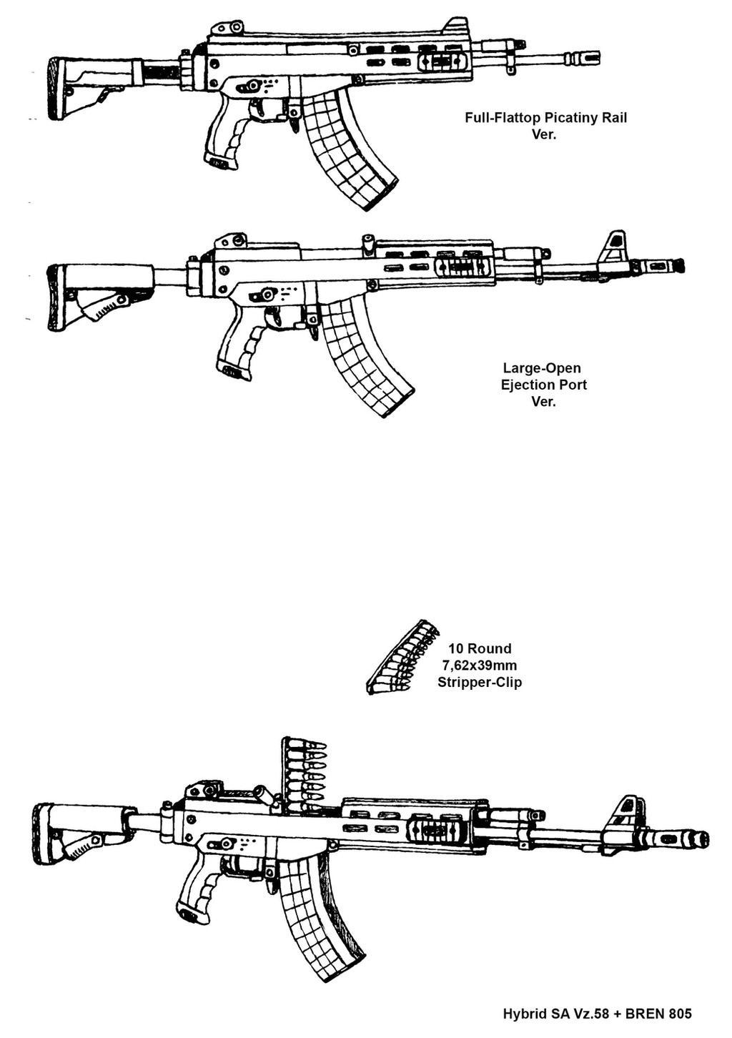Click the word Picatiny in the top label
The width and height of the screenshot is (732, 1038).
point(572,118)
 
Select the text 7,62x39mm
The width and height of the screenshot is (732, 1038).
point(480,666)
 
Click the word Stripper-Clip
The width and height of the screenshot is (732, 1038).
point(480,682)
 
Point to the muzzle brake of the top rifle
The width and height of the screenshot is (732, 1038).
point(582,57)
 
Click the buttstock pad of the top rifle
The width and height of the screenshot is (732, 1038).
point(54,88)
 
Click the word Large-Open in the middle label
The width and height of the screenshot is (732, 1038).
point(542,368)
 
